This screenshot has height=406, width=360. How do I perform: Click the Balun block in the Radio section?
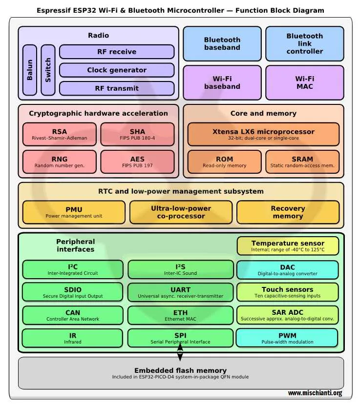point(30,70)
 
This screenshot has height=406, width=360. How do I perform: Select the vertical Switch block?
point(48,70)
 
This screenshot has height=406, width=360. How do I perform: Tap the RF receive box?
point(116,52)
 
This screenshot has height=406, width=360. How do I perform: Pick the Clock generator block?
point(116,70)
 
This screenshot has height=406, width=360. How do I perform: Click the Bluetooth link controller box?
point(304,43)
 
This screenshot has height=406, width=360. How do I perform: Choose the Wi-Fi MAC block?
point(304,82)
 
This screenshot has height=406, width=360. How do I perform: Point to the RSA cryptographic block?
point(60,134)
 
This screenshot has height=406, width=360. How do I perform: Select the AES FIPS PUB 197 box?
point(137,162)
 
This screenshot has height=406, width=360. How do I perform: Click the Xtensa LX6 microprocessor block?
point(263,134)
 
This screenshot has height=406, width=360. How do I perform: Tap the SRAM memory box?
point(302,162)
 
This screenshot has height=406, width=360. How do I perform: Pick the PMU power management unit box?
point(74,212)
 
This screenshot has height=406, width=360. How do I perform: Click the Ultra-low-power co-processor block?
point(181,212)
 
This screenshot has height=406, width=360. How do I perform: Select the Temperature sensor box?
point(288,246)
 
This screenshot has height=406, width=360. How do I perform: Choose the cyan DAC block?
point(287,270)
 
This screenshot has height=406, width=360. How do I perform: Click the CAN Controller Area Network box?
point(73,315)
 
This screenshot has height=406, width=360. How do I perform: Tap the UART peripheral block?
point(180,292)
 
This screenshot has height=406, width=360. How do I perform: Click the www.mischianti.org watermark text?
point(315,393)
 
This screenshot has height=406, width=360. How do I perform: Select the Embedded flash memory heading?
point(180,370)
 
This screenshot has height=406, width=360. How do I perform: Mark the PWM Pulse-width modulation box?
point(287,338)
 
